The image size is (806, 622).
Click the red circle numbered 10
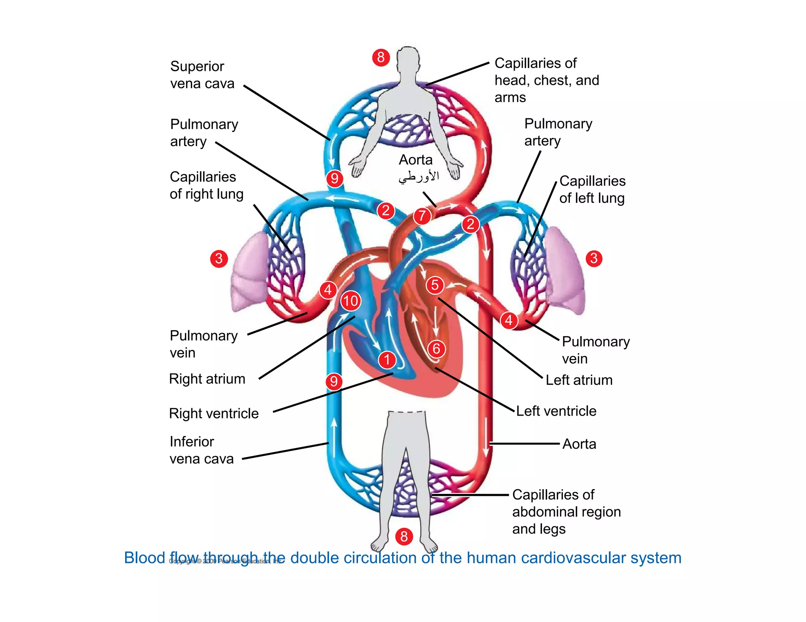(x=351, y=301)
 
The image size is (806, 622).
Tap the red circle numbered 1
(x=387, y=359)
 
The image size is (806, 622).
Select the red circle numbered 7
(x=422, y=215)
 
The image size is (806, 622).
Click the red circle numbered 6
(x=436, y=348)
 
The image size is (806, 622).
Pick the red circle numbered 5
(x=435, y=285)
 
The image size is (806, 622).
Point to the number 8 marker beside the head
(x=381, y=57)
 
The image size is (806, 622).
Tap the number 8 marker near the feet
(x=404, y=536)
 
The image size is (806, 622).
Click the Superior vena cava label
(x=202, y=75)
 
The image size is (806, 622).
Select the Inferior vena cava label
(x=201, y=450)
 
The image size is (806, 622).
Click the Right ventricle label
(x=214, y=414)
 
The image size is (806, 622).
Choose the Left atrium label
(x=579, y=380)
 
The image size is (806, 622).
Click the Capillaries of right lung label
(x=206, y=185)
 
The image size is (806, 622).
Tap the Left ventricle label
(x=556, y=411)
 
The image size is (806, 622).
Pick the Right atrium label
(x=207, y=379)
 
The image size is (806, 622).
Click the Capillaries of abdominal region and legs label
(x=566, y=512)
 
